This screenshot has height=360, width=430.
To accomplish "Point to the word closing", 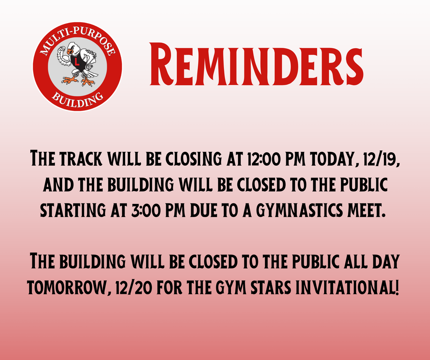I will click(x=193, y=159).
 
